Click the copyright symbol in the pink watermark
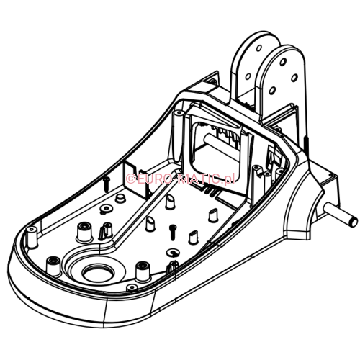131,179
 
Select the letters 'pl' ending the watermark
229,179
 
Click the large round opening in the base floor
98,273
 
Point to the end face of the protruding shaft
354,221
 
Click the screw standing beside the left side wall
107,184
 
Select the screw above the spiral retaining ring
173,232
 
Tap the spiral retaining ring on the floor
172,253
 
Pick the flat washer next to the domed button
106,209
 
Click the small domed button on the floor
120,198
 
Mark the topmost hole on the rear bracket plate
258,48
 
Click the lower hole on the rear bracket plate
248,76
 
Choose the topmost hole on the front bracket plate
283,62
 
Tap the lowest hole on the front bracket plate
272,91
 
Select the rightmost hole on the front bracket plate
294,78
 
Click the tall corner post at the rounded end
32,237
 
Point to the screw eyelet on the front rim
132,287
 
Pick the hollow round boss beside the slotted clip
84,232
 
